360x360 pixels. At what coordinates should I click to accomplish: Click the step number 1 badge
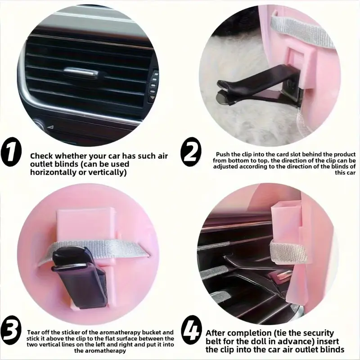click(x=11, y=152)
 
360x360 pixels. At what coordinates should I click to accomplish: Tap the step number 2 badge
click(x=191, y=152)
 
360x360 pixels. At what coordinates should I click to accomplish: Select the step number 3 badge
click(x=11, y=330)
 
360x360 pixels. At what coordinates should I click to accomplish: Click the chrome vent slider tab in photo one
click(x=81, y=72)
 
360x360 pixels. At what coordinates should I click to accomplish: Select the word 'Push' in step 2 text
click(x=222, y=154)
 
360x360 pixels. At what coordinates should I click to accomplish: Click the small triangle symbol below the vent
click(x=51, y=127)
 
